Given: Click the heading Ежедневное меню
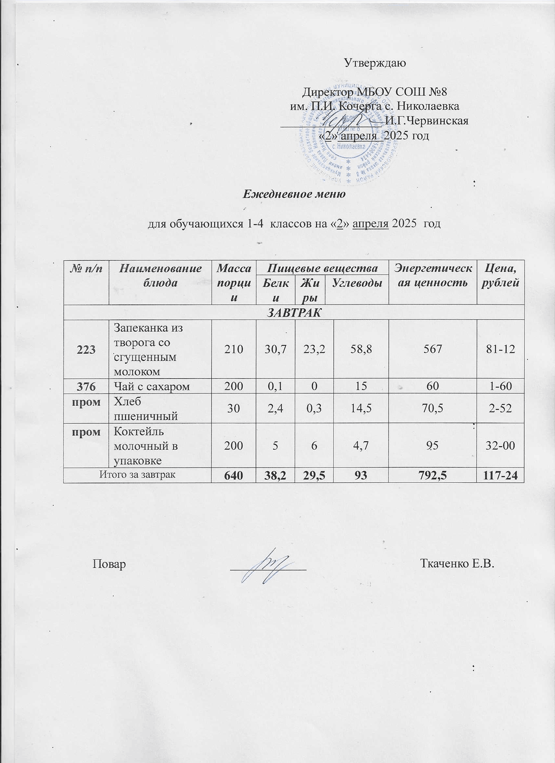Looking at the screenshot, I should point(294,193).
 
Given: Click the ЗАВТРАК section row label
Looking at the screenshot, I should point(294,313).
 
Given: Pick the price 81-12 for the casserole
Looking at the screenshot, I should point(501,350).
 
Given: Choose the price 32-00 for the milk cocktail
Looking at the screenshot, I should point(501,445).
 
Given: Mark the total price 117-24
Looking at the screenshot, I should point(501,475).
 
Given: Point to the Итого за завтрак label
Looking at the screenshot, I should point(137,474).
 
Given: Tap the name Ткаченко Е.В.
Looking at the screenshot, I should point(458,564).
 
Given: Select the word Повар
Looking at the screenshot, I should point(109,564).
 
